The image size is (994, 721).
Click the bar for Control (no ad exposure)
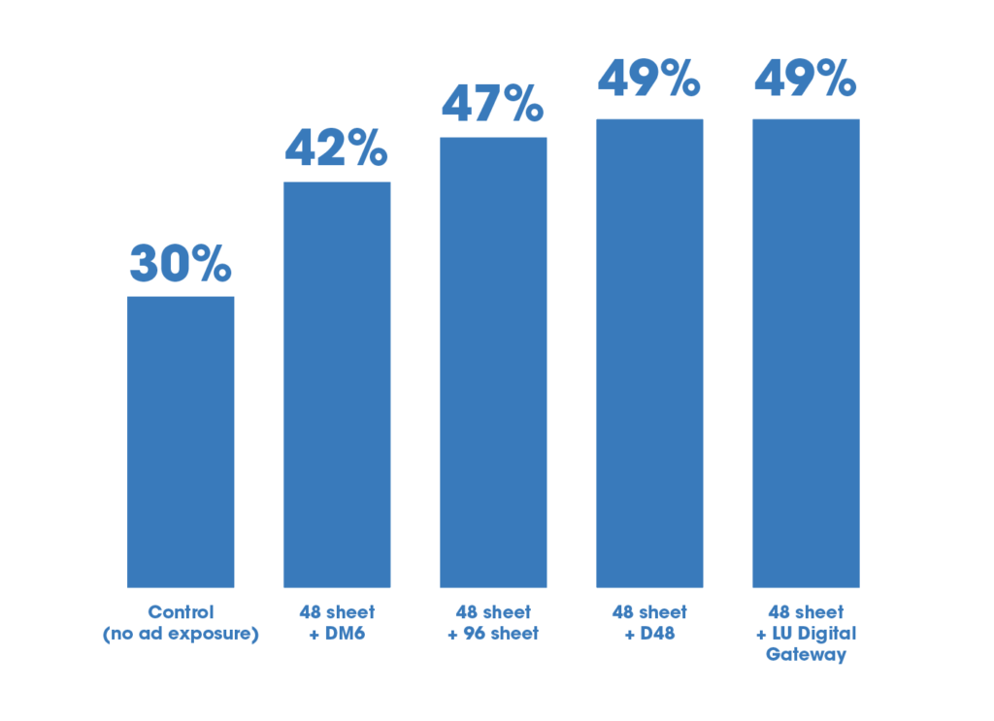click(x=181, y=442)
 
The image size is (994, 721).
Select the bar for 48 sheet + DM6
click(x=337, y=384)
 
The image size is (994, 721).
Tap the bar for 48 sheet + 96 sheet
click(x=493, y=362)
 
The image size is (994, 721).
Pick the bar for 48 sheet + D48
click(x=649, y=353)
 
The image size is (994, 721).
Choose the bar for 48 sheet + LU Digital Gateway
click(x=806, y=353)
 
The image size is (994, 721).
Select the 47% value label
click(x=493, y=104)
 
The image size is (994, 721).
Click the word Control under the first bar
click(x=181, y=612)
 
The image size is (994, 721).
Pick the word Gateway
click(x=806, y=654)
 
